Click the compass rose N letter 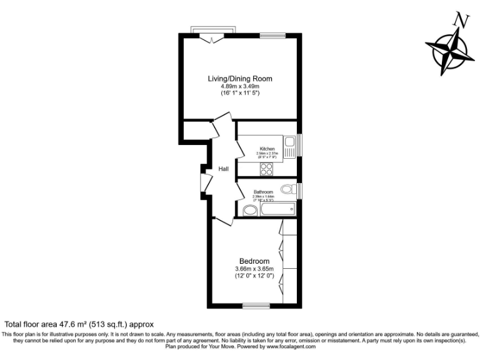click(x=461, y=20)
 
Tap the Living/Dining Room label click(x=240, y=78)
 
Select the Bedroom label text click(x=254, y=261)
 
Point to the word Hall click(x=224, y=169)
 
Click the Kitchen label click(x=267, y=149)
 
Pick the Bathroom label click(x=263, y=192)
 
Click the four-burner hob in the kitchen click(x=267, y=168)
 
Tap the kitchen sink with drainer click(x=290, y=149)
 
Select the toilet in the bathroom click(x=288, y=189)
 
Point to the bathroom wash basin click(x=248, y=211)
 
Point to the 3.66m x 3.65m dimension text click(x=254, y=269)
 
